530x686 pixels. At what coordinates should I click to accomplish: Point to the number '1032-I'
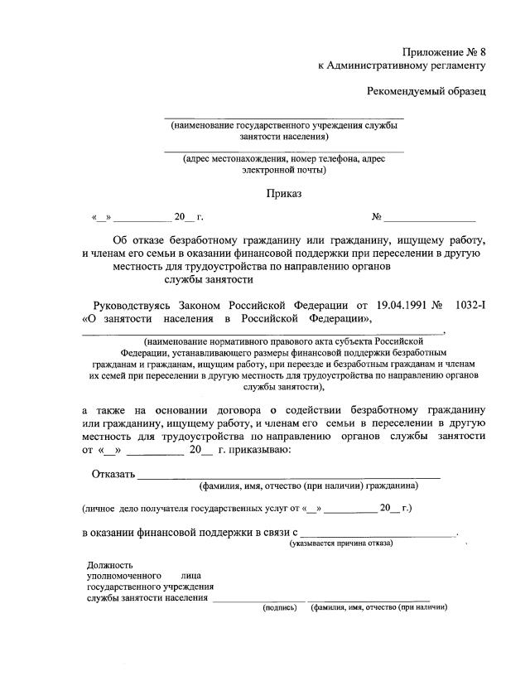click(x=470, y=304)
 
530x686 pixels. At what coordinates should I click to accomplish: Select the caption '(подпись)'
click(x=279, y=607)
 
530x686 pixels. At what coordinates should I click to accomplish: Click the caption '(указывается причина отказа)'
click(x=341, y=543)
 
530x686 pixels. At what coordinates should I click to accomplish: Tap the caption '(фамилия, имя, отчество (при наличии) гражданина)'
click(x=306, y=486)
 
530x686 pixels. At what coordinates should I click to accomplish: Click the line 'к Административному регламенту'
click(x=402, y=65)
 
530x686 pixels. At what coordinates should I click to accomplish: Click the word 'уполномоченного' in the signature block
click(x=121, y=575)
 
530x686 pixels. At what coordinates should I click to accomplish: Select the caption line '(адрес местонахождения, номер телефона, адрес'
click(x=284, y=159)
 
